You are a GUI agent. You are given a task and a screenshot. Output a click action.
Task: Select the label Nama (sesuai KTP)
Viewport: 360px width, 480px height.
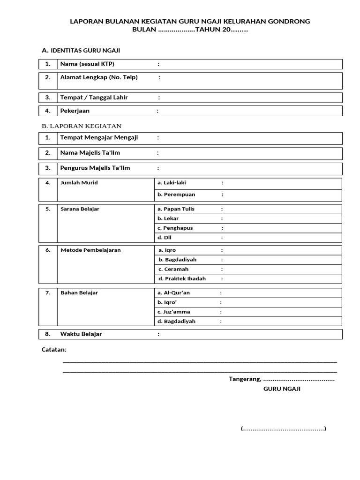coord(87,64)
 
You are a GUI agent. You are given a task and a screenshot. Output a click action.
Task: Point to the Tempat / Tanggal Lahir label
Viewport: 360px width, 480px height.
coord(94,97)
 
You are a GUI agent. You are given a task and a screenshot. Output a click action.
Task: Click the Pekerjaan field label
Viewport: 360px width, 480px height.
coord(75,111)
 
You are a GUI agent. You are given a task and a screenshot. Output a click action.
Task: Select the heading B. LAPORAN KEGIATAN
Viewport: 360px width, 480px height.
coord(82,126)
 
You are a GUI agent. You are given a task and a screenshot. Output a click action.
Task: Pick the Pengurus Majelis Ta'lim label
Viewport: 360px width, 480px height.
coord(95,168)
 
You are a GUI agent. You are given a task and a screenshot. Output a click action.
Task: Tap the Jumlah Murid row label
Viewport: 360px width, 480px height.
coord(79,183)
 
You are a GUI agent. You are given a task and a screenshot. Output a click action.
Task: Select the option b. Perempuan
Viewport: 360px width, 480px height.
coord(176,195)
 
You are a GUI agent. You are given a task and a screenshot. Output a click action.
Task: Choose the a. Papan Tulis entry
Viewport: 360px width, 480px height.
coord(176,209)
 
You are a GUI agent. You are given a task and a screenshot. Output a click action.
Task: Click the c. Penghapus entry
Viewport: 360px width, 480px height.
coord(175,228)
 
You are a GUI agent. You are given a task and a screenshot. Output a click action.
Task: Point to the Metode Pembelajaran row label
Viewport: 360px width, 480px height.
coord(90,250)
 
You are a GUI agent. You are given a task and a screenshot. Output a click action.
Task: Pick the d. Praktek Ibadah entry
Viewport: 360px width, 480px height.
coord(182,279)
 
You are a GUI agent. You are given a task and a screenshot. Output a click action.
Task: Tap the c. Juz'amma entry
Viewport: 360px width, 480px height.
coord(174,312)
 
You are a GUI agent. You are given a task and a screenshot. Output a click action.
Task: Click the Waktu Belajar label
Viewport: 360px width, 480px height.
coord(81,334)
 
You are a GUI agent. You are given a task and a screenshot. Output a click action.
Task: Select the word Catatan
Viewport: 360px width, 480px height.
coord(54,350)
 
